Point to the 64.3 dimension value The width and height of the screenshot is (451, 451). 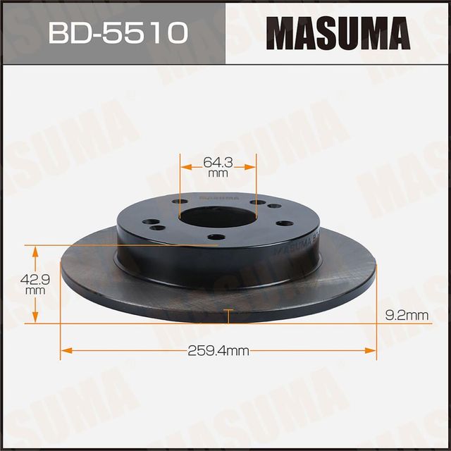click(x=218, y=161)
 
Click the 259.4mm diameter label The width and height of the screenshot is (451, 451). click(x=218, y=350)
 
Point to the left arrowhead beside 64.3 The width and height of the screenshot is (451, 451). click(x=185, y=167)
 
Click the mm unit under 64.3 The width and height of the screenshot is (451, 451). click(x=218, y=173)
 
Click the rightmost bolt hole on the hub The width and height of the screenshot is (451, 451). click(x=283, y=221)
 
